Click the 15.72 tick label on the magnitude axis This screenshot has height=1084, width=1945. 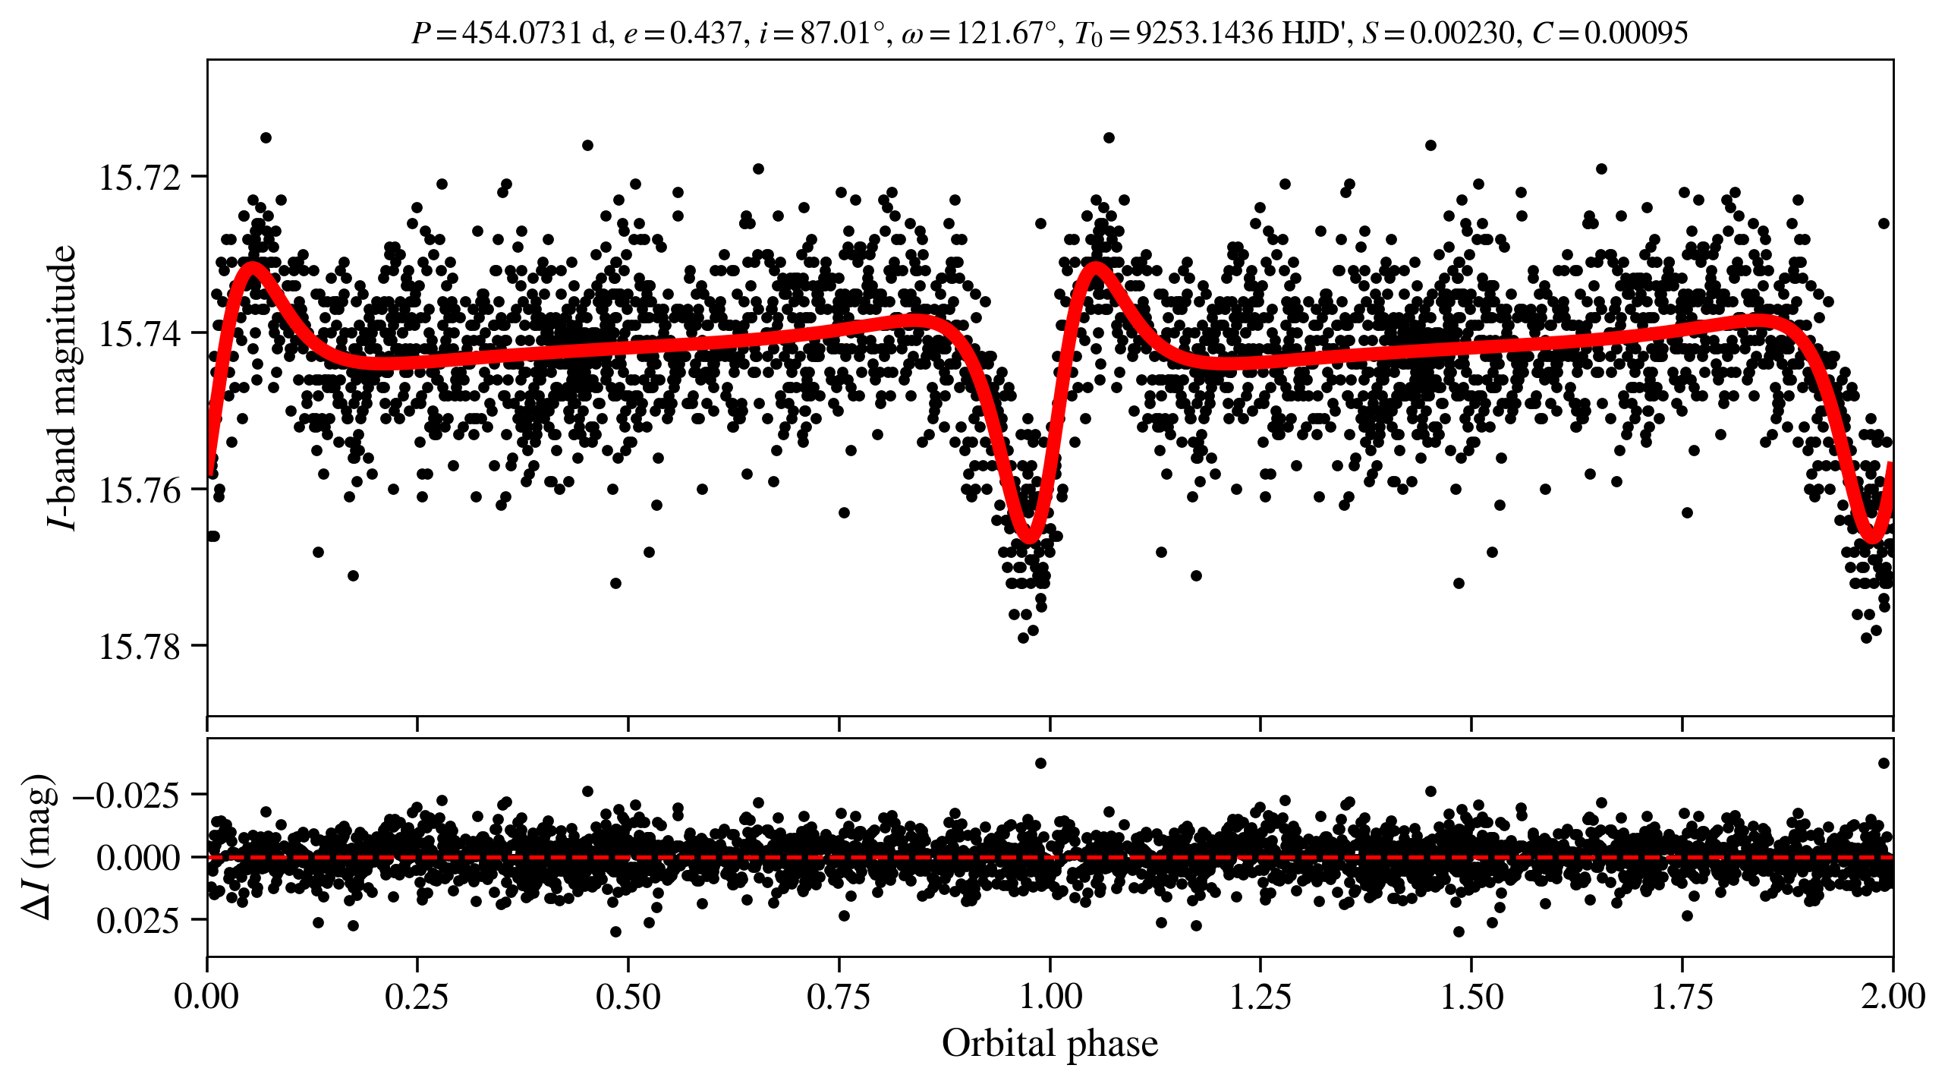click(x=140, y=178)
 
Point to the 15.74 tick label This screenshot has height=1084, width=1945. click(x=140, y=334)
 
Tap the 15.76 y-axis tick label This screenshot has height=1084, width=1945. click(x=140, y=490)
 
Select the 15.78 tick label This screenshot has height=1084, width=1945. click(x=140, y=647)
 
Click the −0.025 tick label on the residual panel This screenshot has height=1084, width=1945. click(x=127, y=796)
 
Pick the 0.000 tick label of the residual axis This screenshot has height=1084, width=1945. click(x=138, y=858)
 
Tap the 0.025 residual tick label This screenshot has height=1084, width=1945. click(x=138, y=921)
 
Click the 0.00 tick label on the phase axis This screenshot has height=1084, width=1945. click(x=206, y=997)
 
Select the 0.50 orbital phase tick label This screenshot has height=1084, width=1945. click(x=628, y=997)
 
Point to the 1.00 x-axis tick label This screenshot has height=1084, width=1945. click(x=1050, y=997)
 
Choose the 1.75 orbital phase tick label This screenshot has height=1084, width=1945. click(x=1682, y=997)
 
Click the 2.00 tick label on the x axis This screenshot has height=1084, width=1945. click(x=1893, y=997)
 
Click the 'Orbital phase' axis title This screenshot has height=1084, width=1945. click(x=1050, y=1044)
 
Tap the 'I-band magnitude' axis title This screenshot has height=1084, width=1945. click(x=63, y=387)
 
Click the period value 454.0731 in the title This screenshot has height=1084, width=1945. click(x=521, y=33)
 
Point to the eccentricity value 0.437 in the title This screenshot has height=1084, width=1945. click(x=705, y=33)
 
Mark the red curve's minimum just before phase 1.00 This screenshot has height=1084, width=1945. click(x=1029, y=537)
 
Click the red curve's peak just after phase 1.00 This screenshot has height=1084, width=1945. click(x=1096, y=266)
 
